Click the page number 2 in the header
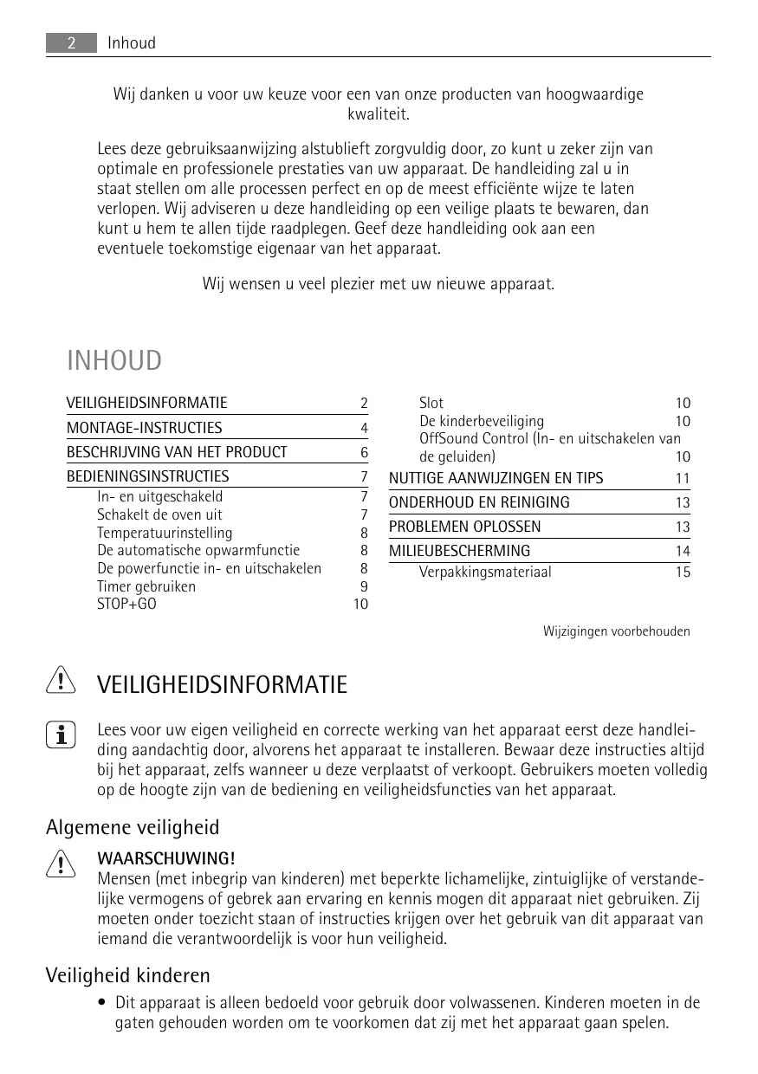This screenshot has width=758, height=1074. pyautogui.click(x=71, y=42)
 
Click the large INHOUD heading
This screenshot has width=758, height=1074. pyautogui.click(x=114, y=360)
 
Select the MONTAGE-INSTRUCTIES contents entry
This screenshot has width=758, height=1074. pyautogui.click(x=145, y=428)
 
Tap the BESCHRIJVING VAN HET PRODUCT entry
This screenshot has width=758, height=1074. pyautogui.click(x=177, y=452)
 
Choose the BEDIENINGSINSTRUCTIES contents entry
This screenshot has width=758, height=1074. pyautogui.click(x=148, y=476)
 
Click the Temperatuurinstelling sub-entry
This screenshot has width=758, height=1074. pyautogui.click(x=165, y=533)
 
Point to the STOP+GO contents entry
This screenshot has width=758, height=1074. pyautogui.click(x=126, y=604)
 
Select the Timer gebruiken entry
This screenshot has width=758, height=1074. pyautogui.click(x=146, y=586)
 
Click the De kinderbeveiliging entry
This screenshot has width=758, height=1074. pyautogui.click(x=482, y=421)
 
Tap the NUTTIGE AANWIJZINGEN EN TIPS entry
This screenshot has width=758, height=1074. pyautogui.click(x=496, y=478)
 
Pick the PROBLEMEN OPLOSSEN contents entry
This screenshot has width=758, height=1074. pyautogui.click(x=464, y=527)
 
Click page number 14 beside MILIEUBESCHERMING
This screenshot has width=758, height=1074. pyautogui.click(x=683, y=552)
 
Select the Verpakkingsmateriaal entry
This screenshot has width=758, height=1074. pyautogui.click(x=485, y=572)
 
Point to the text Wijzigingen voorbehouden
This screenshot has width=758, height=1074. pyautogui.click(x=616, y=631)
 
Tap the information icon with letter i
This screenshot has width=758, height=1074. pyautogui.click(x=61, y=734)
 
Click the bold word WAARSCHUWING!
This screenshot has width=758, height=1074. pyautogui.click(x=165, y=858)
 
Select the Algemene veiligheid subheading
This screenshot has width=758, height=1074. pyautogui.click(x=133, y=827)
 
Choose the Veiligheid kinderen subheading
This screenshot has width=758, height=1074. pyautogui.click(x=128, y=976)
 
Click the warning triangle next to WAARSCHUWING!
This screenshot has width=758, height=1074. pyautogui.click(x=61, y=864)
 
